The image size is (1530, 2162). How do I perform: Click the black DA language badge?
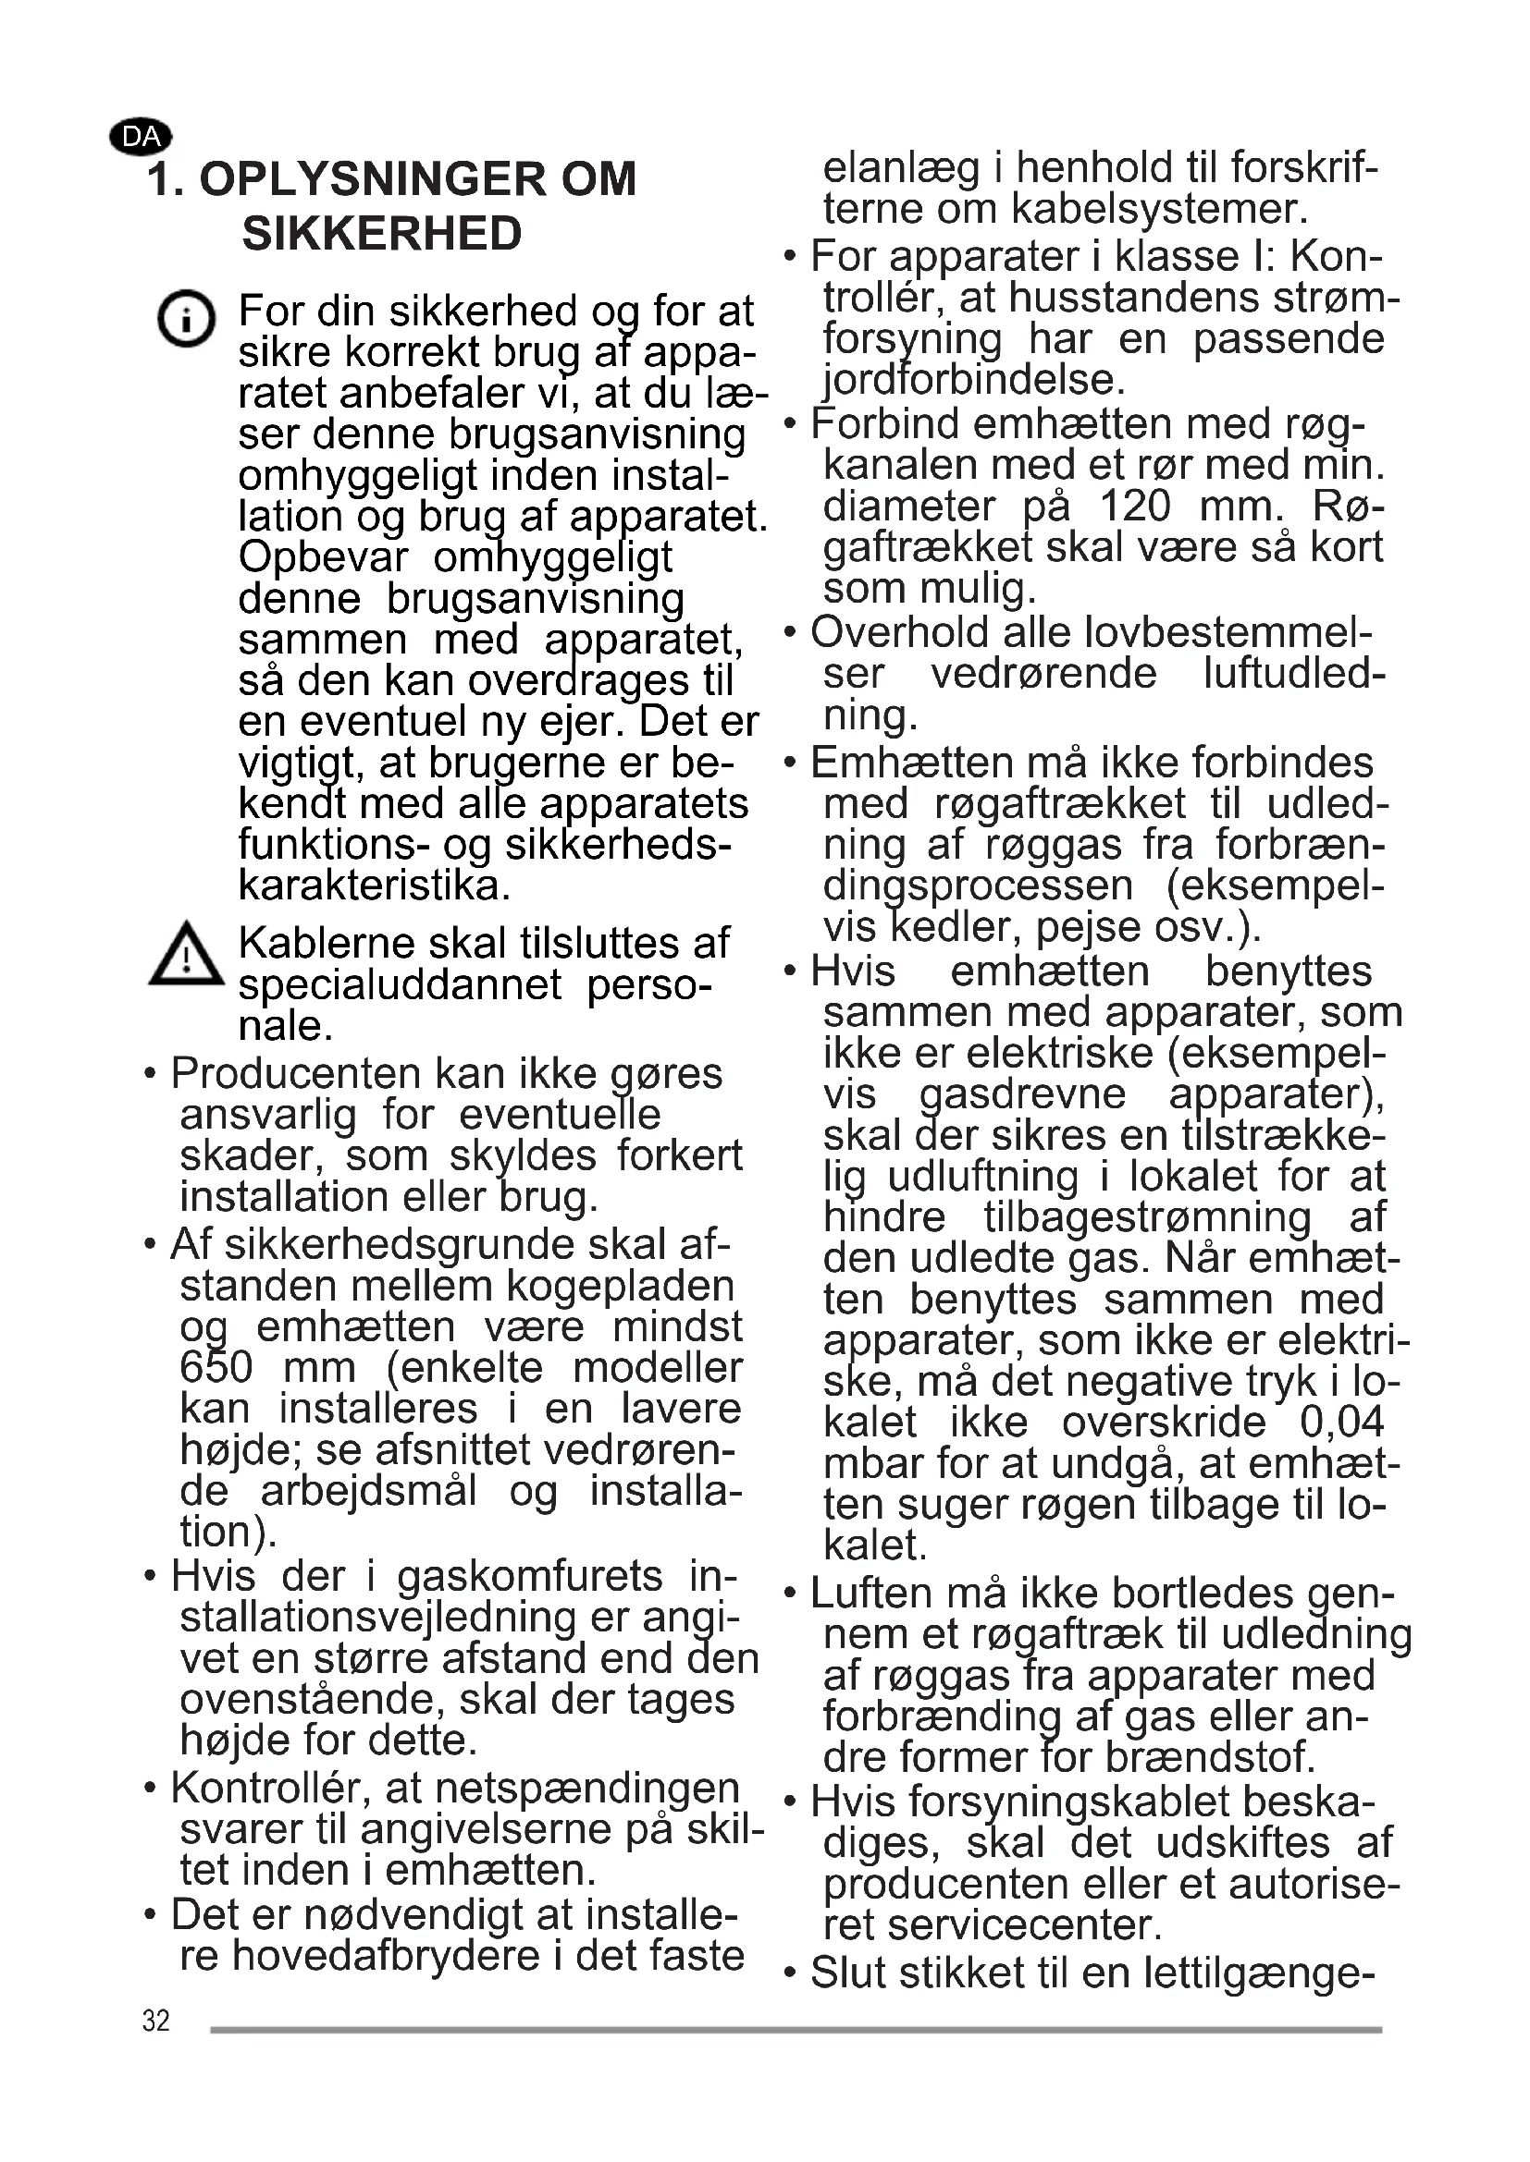[x=142, y=138]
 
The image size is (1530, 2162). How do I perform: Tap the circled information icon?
[x=186, y=318]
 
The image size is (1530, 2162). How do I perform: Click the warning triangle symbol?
[x=187, y=955]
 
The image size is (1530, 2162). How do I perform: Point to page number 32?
[x=156, y=2021]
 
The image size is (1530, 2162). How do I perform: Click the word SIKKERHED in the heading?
[x=381, y=234]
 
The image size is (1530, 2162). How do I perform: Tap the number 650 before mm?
[x=216, y=1367]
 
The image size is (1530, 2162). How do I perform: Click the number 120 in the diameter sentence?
[x=1134, y=507]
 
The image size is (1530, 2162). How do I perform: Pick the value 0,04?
[x=1341, y=1422]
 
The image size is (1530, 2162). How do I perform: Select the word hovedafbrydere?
[x=387, y=1955]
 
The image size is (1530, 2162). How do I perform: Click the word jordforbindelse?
[x=974, y=381]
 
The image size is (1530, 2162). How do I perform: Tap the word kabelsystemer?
[x=1159, y=209]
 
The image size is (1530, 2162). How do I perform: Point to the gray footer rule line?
[x=796, y=2029]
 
